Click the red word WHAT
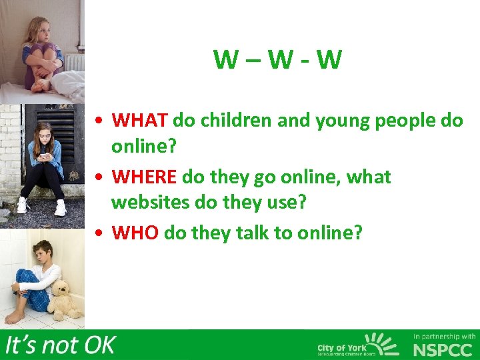tap(139, 121)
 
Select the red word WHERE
tap(144, 177)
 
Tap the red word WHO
tap(135, 233)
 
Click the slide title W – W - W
tap(277, 60)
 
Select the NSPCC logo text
tap(442, 350)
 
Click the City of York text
tap(339, 347)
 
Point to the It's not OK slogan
tap(60, 345)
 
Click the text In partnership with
tap(445, 336)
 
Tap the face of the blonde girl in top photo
tap(37, 30)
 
